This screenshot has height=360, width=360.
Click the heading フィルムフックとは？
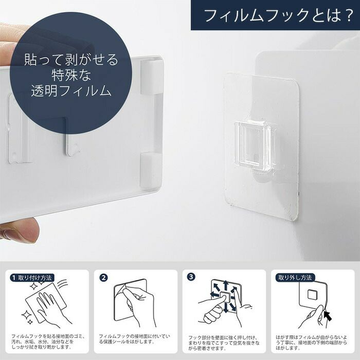point(278,15)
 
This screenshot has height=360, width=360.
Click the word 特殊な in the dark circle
point(71,75)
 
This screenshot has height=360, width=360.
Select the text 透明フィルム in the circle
point(71,91)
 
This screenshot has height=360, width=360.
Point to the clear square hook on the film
point(255,146)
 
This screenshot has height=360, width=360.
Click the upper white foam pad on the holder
point(150,77)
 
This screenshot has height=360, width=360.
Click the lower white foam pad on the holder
point(150,169)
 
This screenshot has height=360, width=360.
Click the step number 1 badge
point(13,278)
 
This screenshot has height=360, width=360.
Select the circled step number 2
point(103,278)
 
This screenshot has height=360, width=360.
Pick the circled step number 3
point(191,277)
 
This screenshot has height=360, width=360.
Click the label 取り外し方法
point(295,278)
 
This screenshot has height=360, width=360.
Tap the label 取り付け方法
point(35,278)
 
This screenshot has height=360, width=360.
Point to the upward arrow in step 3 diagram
point(226,285)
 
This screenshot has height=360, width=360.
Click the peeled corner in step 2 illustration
point(120,289)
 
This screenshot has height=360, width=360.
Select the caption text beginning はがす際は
point(311,343)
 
